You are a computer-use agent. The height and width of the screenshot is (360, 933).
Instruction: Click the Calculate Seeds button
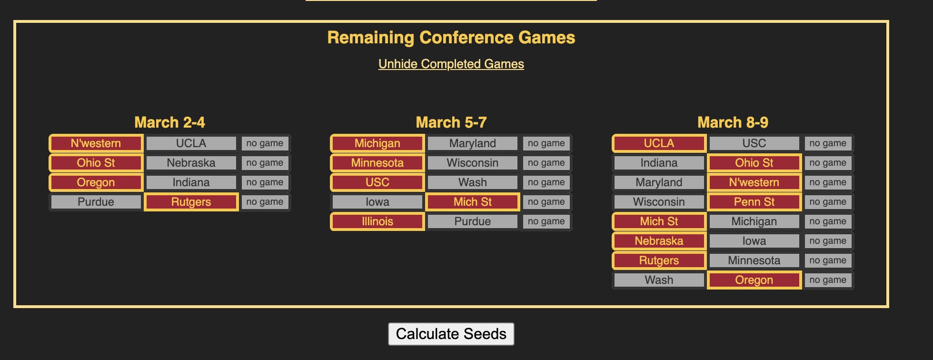(451, 334)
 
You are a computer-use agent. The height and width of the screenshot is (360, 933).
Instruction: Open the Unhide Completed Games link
(451, 64)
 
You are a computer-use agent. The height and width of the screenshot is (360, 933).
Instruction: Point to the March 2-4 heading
(169, 122)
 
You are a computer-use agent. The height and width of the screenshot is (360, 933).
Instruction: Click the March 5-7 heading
(451, 122)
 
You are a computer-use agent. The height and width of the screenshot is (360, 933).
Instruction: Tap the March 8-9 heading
(733, 122)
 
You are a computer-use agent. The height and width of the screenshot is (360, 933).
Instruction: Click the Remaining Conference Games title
(451, 38)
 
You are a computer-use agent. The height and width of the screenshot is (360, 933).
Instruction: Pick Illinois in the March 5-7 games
(377, 221)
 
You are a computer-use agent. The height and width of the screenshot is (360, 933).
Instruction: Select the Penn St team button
(754, 202)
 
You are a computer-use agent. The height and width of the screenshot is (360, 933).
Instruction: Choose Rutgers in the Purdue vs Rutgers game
(191, 202)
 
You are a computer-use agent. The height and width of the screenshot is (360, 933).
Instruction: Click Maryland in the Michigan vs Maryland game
(472, 143)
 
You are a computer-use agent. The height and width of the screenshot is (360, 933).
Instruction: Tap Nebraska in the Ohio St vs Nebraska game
(191, 163)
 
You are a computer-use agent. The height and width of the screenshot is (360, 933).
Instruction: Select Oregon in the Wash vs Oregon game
(754, 280)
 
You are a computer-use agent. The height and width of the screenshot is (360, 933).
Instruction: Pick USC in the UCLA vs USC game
(754, 143)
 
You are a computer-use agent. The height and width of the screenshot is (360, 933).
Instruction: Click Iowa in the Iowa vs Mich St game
(377, 202)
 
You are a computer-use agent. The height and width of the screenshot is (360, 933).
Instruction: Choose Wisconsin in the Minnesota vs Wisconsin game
(472, 163)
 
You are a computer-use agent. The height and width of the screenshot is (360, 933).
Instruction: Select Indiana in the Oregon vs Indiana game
(191, 182)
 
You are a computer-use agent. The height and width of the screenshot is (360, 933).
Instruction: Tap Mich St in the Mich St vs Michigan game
(659, 221)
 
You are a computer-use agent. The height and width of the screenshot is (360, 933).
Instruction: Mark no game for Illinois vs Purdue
(546, 221)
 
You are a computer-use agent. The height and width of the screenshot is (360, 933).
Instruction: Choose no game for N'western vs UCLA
(265, 143)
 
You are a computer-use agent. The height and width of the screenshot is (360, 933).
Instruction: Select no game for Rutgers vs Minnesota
(828, 260)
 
